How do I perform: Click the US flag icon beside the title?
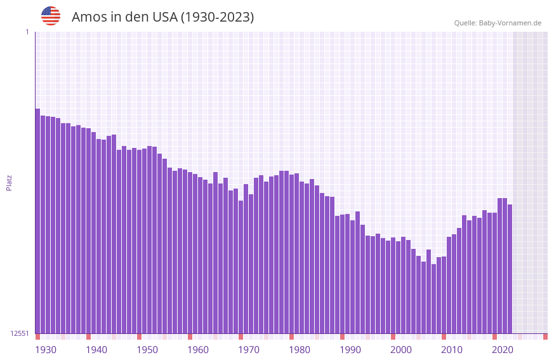51,16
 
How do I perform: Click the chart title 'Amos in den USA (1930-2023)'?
162,17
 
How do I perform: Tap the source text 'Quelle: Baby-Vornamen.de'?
498,23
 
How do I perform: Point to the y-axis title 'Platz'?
9,182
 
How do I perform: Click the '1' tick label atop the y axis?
27,32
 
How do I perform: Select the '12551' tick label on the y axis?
20,333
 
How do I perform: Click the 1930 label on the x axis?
46,350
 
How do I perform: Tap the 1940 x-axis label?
96,350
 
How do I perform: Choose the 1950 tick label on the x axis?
147,350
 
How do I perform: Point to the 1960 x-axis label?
198,350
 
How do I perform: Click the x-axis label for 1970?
249,350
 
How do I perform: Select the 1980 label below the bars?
300,350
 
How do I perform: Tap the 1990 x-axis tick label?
350,350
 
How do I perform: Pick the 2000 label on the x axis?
401,350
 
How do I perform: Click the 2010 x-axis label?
452,350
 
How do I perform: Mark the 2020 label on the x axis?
503,350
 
